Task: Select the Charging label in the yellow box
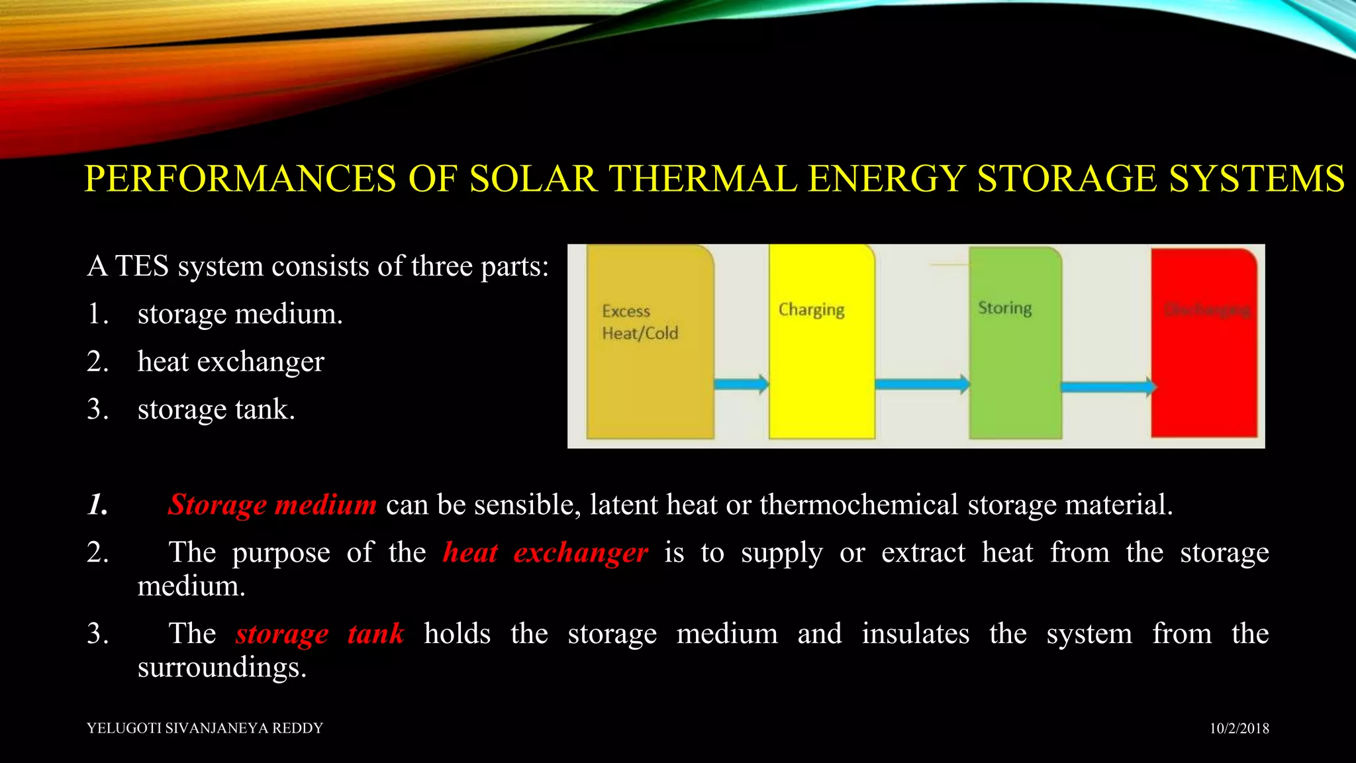click(811, 310)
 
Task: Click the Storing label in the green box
click(1004, 308)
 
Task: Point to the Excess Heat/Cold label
click(640, 322)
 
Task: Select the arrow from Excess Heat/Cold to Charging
click(741, 383)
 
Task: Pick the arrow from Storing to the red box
click(1108, 387)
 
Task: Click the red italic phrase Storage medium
click(272, 505)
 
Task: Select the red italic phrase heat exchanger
click(545, 552)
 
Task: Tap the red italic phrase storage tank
click(319, 634)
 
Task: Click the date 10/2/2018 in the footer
click(1239, 729)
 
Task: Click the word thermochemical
click(859, 505)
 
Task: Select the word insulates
click(915, 634)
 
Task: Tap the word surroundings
click(222, 668)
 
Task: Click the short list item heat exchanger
click(230, 362)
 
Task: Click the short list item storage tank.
click(216, 409)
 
